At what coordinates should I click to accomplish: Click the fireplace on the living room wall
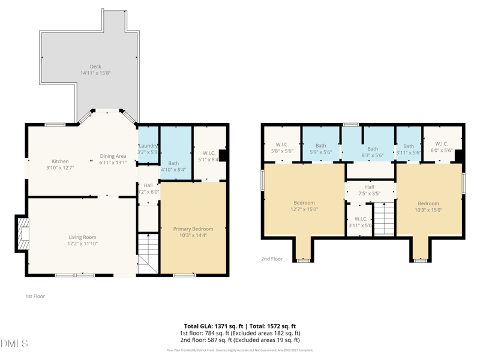coord(22,233)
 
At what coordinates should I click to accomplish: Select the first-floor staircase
coord(147,252)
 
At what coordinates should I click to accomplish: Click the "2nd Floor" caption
coord(271,259)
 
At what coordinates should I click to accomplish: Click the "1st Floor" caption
coord(35,296)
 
